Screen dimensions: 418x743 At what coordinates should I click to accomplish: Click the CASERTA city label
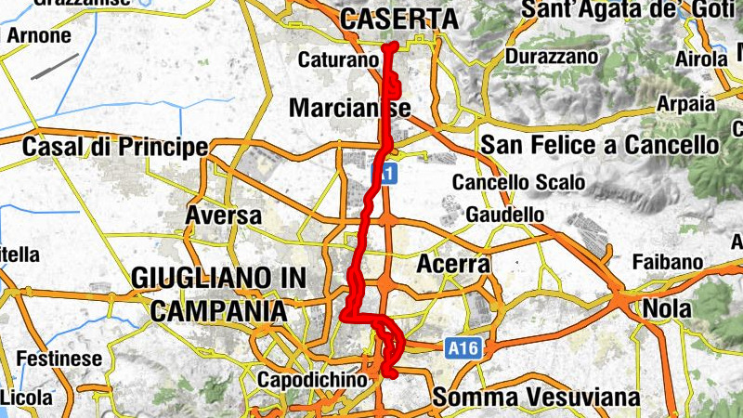click(x=399, y=19)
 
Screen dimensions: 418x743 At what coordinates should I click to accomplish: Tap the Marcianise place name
click(x=350, y=109)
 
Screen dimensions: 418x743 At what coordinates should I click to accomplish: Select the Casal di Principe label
click(x=115, y=147)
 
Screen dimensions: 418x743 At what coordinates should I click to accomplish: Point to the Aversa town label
click(x=224, y=216)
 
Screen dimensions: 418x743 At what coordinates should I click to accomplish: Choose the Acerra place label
click(x=453, y=265)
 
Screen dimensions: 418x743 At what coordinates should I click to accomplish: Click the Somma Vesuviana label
click(x=536, y=398)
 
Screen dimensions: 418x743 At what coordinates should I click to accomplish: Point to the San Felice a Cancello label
click(x=600, y=146)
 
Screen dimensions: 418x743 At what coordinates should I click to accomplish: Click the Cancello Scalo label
click(x=506, y=182)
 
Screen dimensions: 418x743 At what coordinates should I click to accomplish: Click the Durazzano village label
click(x=551, y=57)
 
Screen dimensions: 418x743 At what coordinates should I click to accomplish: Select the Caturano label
click(x=339, y=60)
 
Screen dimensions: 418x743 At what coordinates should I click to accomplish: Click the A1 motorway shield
click(x=384, y=173)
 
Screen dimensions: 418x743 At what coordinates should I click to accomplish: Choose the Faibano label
click(x=668, y=262)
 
